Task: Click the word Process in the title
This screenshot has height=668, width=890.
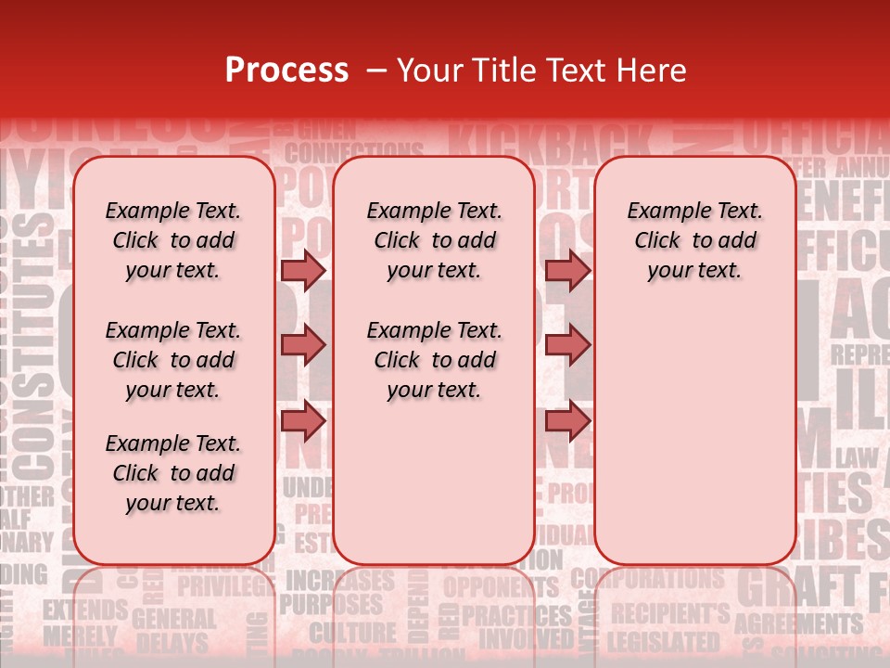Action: coord(286,71)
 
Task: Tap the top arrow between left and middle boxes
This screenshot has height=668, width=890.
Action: coord(302,270)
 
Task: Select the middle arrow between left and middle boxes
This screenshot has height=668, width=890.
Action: coord(302,346)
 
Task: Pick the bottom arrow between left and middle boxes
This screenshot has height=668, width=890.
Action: coord(302,420)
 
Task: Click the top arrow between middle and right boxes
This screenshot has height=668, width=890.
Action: coord(567,270)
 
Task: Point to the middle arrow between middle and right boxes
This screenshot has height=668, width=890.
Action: coord(567,346)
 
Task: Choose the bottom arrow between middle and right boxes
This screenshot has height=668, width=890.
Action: coord(567,420)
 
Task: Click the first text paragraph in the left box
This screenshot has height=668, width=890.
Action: coord(172,240)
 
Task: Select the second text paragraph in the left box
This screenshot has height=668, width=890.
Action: coord(172,360)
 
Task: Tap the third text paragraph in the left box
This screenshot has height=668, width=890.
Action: coord(172,473)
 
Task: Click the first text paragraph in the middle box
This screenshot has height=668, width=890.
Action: coord(434,240)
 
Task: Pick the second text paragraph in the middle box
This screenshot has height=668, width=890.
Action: coord(434,360)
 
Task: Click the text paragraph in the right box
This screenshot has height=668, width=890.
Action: coord(694,240)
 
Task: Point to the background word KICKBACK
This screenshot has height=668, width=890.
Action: coord(551,142)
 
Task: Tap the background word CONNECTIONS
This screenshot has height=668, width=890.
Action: coord(353,151)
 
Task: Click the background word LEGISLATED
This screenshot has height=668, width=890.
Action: coord(664,641)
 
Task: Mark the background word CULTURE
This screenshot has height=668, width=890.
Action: coord(352,634)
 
